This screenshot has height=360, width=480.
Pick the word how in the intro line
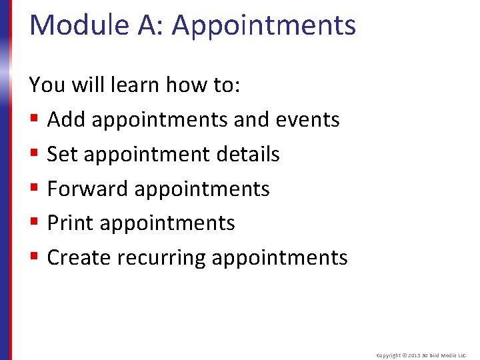(185, 85)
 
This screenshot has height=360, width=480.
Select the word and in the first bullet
(250, 120)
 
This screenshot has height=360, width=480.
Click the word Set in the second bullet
(61, 155)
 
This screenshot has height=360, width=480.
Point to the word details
(248, 155)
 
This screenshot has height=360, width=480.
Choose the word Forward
(88, 189)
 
